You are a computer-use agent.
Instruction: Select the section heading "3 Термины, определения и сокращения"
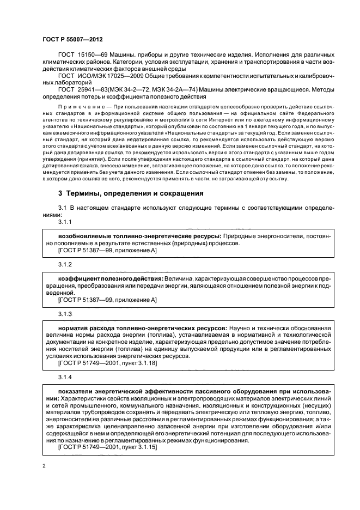tap(123, 193)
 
